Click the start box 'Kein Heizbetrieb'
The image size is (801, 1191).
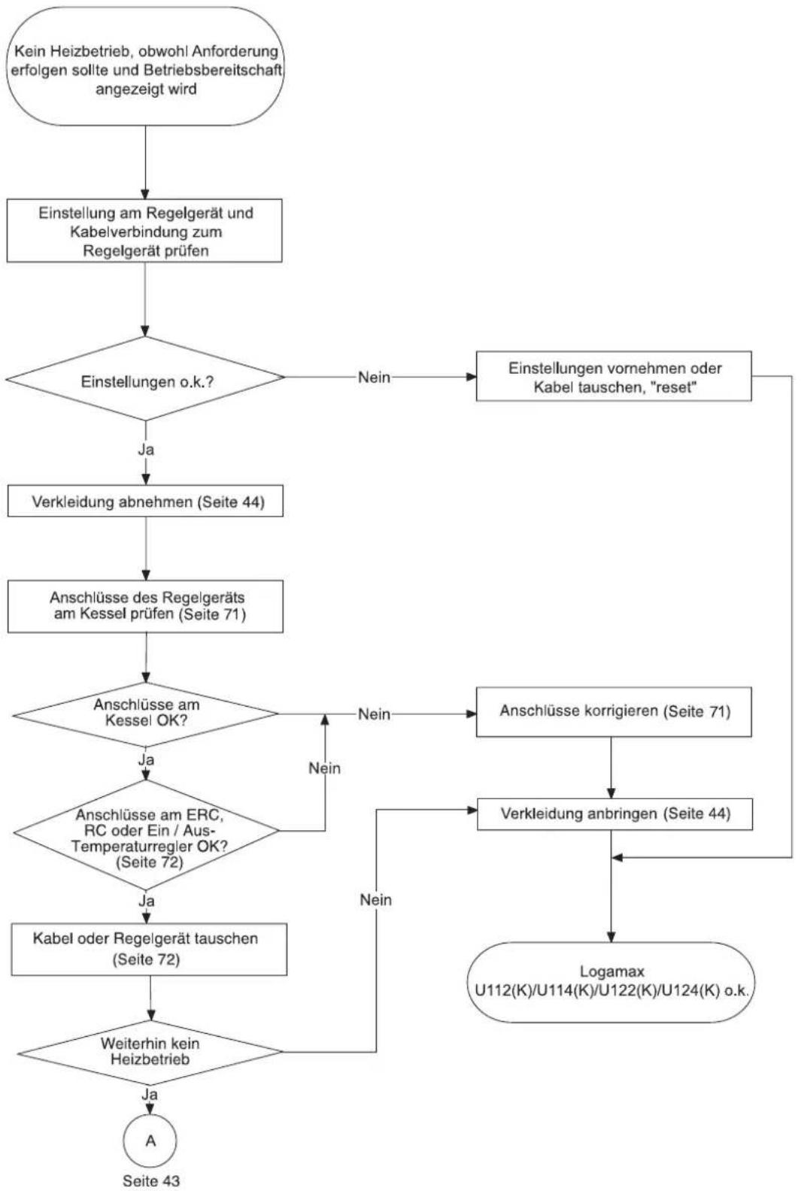[145, 66]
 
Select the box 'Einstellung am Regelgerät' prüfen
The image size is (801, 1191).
[144, 231]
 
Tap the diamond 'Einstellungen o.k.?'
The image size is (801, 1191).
[146, 378]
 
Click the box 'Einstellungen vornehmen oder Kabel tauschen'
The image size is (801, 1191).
[614, 376]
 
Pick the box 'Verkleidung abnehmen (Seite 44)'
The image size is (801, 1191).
[145, 501]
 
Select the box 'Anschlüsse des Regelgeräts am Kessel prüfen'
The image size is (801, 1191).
[145, 606]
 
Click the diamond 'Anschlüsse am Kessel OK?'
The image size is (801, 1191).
[146, 714]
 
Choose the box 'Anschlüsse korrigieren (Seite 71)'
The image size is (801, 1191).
[614, 712]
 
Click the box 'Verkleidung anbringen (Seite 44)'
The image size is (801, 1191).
[614, 814]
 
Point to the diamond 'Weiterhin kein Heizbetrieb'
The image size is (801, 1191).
[150, 1052]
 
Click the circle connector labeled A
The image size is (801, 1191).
[150, 1141]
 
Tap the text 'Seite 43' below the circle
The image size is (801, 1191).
[151, 1180]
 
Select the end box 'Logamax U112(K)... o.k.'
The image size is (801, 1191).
[611, 983]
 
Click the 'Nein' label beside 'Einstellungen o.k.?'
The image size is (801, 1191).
[374, 377]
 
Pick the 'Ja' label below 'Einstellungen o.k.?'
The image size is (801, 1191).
[146, 450]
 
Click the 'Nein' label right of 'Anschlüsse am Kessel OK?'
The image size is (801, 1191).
[374, 714]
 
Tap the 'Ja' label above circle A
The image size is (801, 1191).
[150, 1095]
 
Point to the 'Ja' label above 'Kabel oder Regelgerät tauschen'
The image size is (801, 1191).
[146, 902]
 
